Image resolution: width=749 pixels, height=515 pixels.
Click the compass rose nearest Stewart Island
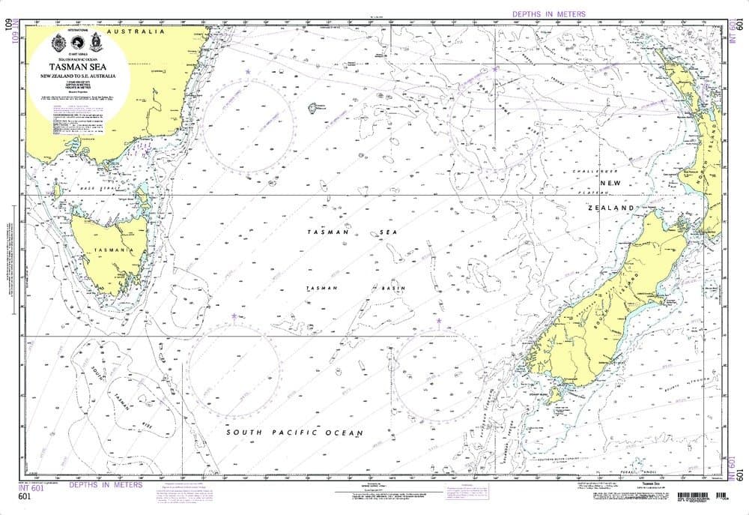point(440,374)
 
